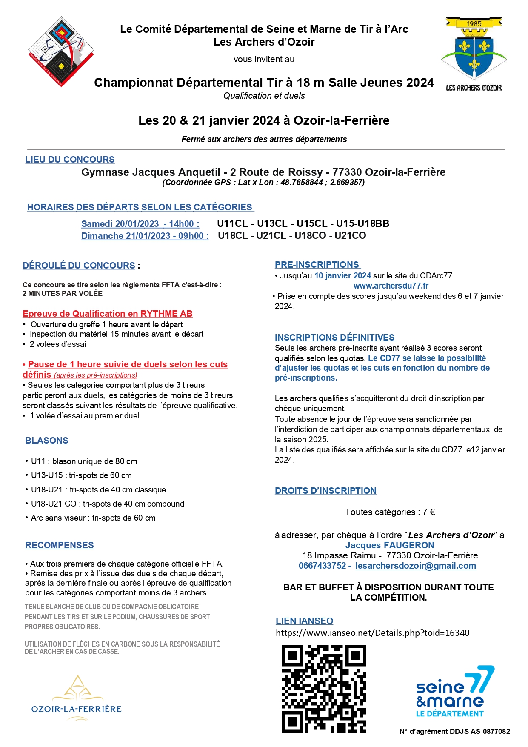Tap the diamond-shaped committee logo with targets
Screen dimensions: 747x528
tap(61, 52)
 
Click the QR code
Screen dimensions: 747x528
tap(324, 688)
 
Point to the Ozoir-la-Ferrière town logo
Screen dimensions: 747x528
tap(77, 698)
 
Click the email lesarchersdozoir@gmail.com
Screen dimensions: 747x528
tap(416, 566)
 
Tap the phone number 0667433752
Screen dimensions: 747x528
tap(322, 566)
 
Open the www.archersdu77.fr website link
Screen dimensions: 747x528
tap(391, 286)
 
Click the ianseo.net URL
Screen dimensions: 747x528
tap(372, 633)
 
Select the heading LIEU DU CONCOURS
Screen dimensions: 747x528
tap(70, 160)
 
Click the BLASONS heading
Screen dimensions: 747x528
tap(47, 441)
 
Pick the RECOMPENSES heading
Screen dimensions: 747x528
tap(60, 545)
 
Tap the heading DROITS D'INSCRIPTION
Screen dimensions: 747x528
tap(325, 491)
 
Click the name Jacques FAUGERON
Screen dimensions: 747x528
tap(390, 545)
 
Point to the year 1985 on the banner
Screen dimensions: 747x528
tap(474, 24)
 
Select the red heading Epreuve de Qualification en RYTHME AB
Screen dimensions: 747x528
tap(108, 314)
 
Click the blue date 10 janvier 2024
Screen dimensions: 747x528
tap(342, 275)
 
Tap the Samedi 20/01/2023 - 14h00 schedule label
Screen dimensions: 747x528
tap(140, 224)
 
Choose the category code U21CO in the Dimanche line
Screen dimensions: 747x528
tap(350, 235)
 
